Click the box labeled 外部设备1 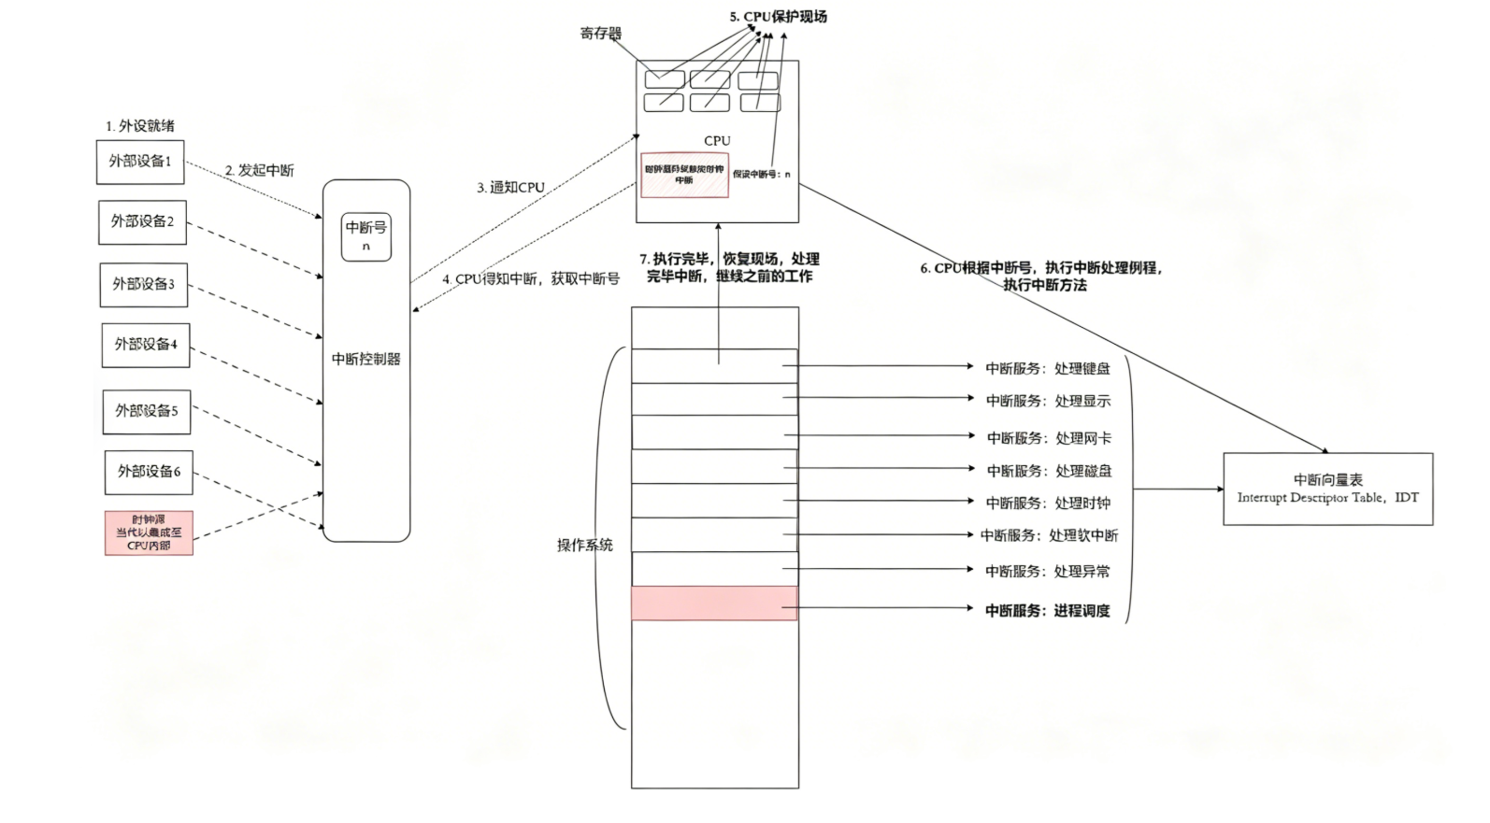tap(140, 162)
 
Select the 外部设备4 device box tap(146, 345)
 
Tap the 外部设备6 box tap(149, 472)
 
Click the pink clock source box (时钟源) tap(149, 532)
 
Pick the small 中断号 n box tap(366, 235)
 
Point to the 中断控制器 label tap(366, 359)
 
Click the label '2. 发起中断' tap(259, 170)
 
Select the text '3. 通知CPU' tap(510, 187)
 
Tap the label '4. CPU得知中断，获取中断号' tap(531, 278)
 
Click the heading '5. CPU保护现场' tap(778, 16)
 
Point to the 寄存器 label tap(600, 34)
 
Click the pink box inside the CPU tap(684, 175)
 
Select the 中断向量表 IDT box tap(1327, 489)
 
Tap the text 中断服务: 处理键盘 tap(1048, 368)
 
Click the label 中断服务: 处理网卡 tap(1049, 437)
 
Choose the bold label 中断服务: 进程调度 tap(1048, 610)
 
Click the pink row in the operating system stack tap(715, 603)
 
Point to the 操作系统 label tap(584, 545)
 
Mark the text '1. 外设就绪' tap(140, 125)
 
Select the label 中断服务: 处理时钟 tap(1048, 503)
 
